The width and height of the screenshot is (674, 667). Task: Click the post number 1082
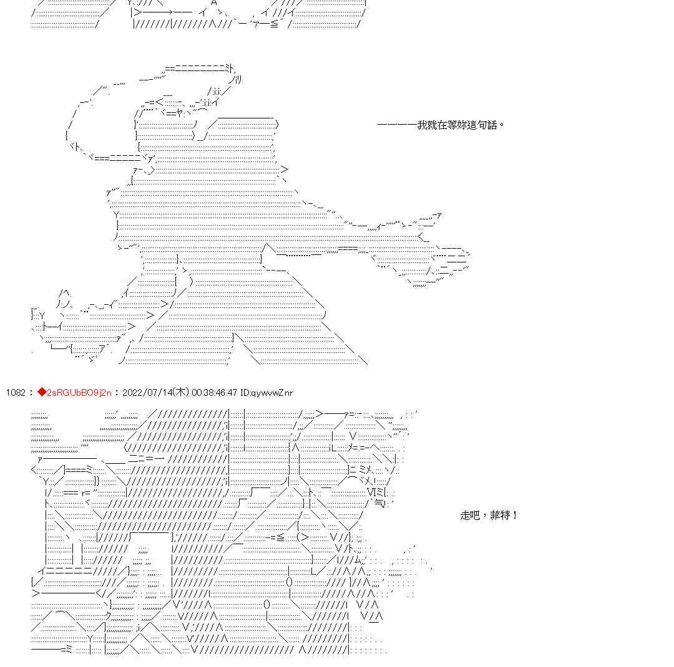click(x=15, y=393)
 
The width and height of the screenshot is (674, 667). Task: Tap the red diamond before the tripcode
click(x=42, y=392)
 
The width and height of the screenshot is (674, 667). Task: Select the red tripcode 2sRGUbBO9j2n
click(x=79, y=393)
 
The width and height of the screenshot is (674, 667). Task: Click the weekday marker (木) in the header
click(x=180, y=393)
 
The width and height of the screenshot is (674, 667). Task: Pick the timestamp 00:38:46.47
click(x=215, y=393)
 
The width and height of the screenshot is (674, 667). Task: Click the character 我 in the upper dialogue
click(x=422, y=125)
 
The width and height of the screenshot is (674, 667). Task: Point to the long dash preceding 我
click(x=397, y=125)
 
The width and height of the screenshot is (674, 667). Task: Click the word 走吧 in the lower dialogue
click(x=470, y=516)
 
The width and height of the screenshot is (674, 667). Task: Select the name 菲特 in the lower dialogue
click(x=501, y=516)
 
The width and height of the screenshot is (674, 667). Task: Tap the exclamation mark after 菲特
click(x=514, y=516)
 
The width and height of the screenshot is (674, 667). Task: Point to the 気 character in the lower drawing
click(x=379, y=503)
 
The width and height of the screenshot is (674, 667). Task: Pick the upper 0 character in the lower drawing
click(x=290, y=583)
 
